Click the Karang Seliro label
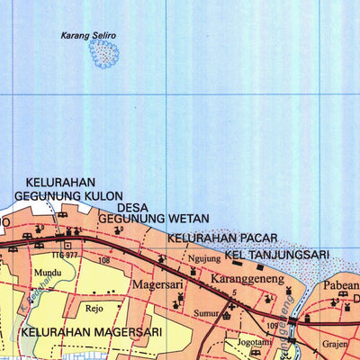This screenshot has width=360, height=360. pos(88,36)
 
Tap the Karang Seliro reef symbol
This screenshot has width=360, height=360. pos(104,55)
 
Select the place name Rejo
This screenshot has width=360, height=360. pos(94,307)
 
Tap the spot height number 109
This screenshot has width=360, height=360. pos(274,325)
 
